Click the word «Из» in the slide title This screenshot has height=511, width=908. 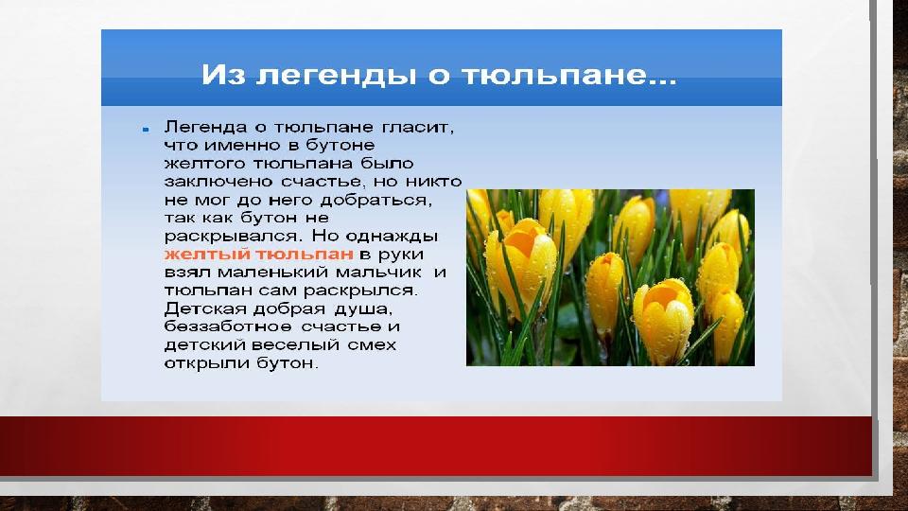(x=223, y=75)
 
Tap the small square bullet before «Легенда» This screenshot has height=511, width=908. (x=146, y=130)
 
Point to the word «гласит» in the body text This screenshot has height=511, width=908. (x=417, y=127)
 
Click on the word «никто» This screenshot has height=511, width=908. (x=433, y=182)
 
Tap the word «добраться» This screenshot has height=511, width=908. (x=376, y=201)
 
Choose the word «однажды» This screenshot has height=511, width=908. (x=392, y=237)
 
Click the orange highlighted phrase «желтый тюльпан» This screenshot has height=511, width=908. (x=259, y=255)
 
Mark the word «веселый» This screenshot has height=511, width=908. (x=295, y=345)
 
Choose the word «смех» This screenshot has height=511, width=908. (x=372, y=345)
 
